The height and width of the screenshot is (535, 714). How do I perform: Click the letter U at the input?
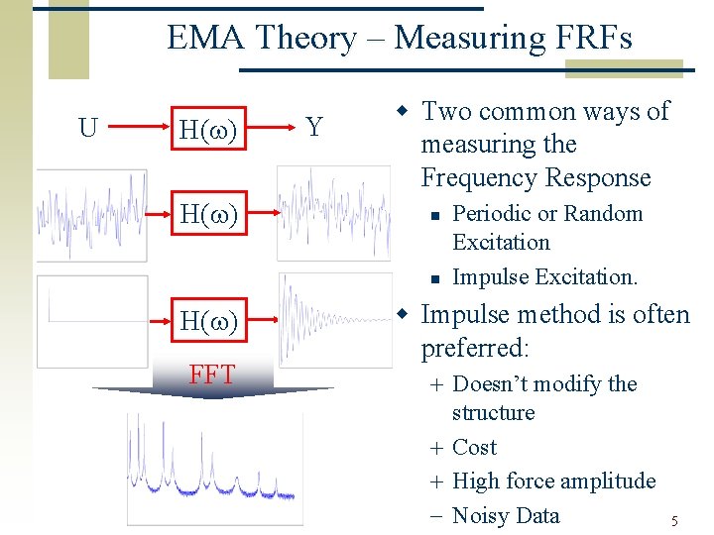point(88,128)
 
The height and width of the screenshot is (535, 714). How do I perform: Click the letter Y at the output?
point(313,128)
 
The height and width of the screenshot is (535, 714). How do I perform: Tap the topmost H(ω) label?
point(207,130)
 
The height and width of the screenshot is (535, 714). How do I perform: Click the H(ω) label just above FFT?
point(207,321)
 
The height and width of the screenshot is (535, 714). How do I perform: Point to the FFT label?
point(212,374)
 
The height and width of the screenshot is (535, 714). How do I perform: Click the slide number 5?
point(674,521)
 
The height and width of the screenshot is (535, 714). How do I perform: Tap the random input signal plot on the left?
point(91,215)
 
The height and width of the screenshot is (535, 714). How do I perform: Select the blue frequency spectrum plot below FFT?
point(214,468)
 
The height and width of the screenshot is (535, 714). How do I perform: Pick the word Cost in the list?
point(474,448)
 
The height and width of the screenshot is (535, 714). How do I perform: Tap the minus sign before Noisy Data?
point(436,515)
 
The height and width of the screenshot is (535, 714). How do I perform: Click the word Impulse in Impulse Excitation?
point(486,277)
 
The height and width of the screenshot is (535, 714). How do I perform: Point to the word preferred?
point(472,349)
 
